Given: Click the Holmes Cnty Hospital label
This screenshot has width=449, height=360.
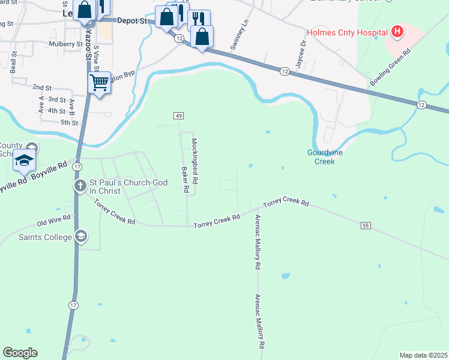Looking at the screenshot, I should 346,32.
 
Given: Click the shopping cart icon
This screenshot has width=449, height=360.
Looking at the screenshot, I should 99,82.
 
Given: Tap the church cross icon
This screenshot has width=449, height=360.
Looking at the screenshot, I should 80,186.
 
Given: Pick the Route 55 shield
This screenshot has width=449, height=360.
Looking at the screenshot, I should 365,226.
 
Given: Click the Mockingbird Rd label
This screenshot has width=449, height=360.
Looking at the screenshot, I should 194,162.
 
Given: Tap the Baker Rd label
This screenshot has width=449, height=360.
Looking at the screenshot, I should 185,179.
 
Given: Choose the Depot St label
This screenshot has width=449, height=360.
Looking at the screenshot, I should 131,20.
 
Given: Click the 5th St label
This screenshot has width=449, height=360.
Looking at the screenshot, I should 69,123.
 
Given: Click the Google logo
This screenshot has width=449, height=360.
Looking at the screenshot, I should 20,353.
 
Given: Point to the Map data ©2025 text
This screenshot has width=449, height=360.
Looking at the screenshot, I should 423,355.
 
